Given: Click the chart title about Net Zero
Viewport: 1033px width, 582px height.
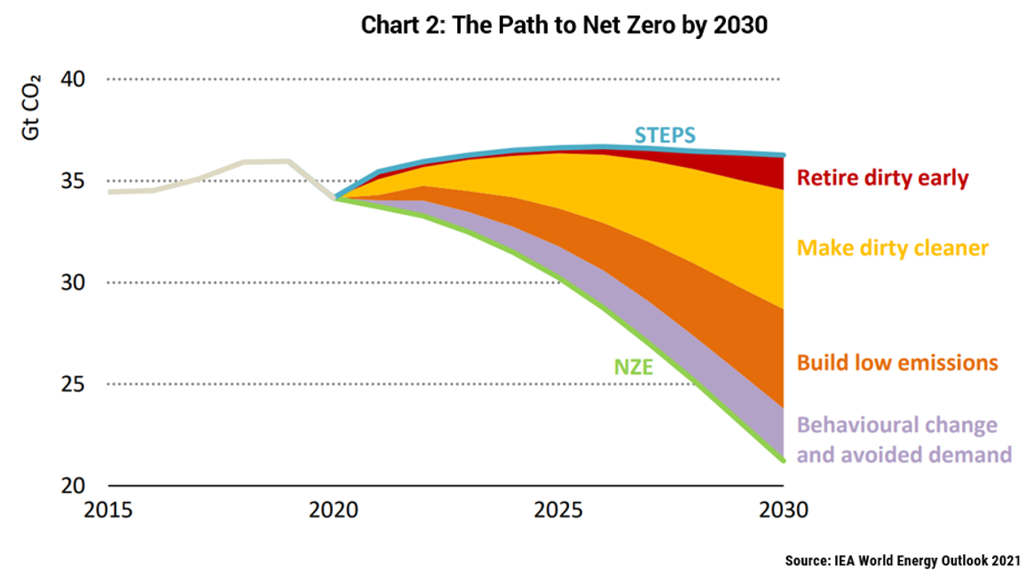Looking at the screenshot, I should [x=564, y=26].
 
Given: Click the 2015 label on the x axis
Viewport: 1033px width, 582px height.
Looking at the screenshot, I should [x=108, y=512].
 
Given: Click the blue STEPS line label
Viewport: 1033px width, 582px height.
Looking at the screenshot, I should [x=665, y=135].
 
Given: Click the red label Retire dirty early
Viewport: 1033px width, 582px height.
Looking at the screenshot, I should [x=882, y=177].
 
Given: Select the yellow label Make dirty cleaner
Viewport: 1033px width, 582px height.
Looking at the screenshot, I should [x=892, y=248].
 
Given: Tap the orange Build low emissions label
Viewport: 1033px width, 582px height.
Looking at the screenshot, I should [x=897, y=363].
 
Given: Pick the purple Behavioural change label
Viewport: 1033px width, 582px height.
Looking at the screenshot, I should [x=904, y=439].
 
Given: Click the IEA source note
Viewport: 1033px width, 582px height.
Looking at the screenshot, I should [x=903, y=561].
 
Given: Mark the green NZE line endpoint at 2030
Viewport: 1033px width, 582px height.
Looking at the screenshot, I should [x=783, y=460].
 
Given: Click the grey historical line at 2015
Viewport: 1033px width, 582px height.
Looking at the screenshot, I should [x=109, y=192].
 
